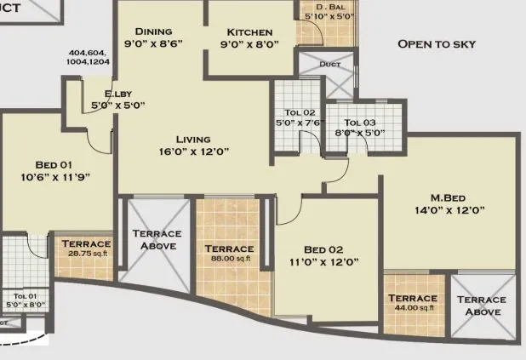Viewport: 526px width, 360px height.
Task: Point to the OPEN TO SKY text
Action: tap(437, 44)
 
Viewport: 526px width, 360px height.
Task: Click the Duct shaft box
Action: tap(329, 74)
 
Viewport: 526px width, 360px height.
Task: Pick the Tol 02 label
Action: tap(299, 111)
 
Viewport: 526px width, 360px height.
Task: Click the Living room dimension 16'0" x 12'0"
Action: tap(192, 151)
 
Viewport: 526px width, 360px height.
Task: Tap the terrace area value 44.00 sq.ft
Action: tap(412, 309)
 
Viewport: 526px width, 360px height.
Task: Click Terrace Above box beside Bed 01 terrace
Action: tap(157, 239)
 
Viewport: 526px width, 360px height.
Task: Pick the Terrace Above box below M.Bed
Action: tap(481, 306)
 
